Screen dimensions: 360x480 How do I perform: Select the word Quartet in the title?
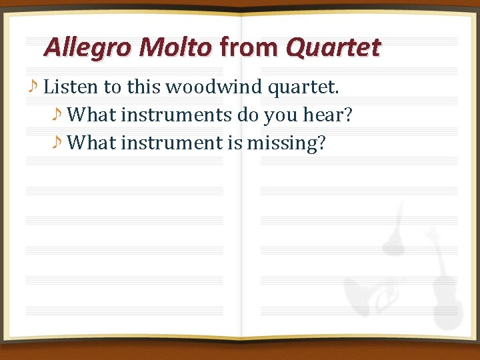[333, 48]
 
